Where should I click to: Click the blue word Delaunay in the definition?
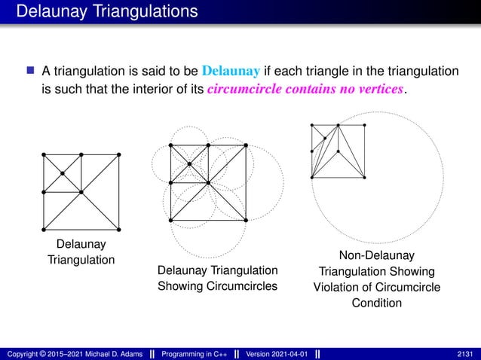pyautogui.click(x=231, y=72)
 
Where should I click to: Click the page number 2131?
pyautogui.click(x=467, y=354)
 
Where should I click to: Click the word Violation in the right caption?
pyautogui.click(x=339, y=288)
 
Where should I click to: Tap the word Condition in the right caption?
pyautogui.click(x=376, y=304)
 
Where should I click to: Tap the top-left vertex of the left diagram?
pyautogui.click(x=44, y=154)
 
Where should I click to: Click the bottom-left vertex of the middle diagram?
pyautogui.click(x=171, y=220)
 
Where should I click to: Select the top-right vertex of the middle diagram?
pyautogui.click(x=246, y=145)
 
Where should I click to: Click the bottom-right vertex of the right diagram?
pyautogui.click(x=365, y=178)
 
